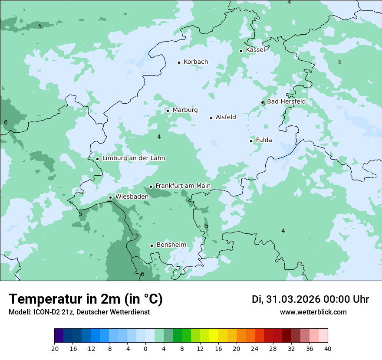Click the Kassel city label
[x=255, y=50]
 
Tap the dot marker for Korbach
[x=179, y=62]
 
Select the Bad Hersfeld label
[x=286, y=101]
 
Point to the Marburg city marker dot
[x=168, y=111]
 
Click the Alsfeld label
[x=226, y=117]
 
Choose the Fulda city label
[x=264, y=140]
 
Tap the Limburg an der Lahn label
[x=133, y=158]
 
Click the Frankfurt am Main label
[x=183, y=186]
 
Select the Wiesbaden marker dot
[x=111, y=197]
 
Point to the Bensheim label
[x=171, y=245]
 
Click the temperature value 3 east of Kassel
[x=339, y=62]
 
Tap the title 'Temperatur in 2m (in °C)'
[x=86, y=299]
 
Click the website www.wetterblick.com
[x=313, y=312]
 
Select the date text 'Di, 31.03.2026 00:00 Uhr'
[x=310, y=299]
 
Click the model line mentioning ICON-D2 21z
[x=79, y=312]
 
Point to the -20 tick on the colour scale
[x=54, y=348]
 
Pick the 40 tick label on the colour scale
[x=328, y=348]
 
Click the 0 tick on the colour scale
[x=145, y=348]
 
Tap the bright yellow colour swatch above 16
[x=214, y=336]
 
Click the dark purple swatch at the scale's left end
[x=59, y=336]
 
